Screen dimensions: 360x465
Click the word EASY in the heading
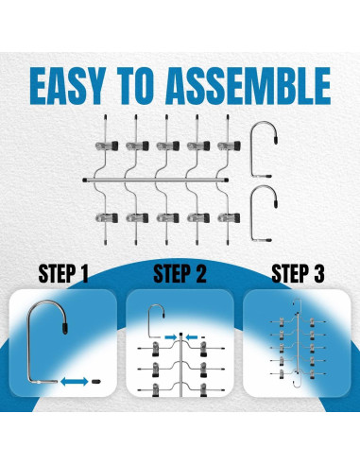click(68, 86)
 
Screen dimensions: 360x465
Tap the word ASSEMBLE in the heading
click(249, 86)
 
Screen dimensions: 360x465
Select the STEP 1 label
click(63, 274)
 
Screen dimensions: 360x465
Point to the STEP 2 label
click(180, 274)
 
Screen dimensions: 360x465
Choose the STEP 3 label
click(298, 274)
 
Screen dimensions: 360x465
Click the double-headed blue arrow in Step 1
click(75, 382)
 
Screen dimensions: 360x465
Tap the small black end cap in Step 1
click(96, 382)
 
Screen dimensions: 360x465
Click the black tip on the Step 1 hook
click(65, 328)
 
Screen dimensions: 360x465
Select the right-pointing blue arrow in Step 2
click(171, 337)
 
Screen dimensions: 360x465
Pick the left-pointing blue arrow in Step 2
click(192, 337)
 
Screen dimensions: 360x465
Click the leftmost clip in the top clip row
click(107, 146)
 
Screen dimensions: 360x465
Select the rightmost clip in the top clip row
click(229, 146)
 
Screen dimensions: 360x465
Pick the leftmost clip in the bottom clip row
click(107, 218)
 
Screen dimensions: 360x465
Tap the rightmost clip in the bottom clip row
click(229, 218)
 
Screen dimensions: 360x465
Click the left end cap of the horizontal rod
click(85, 181)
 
